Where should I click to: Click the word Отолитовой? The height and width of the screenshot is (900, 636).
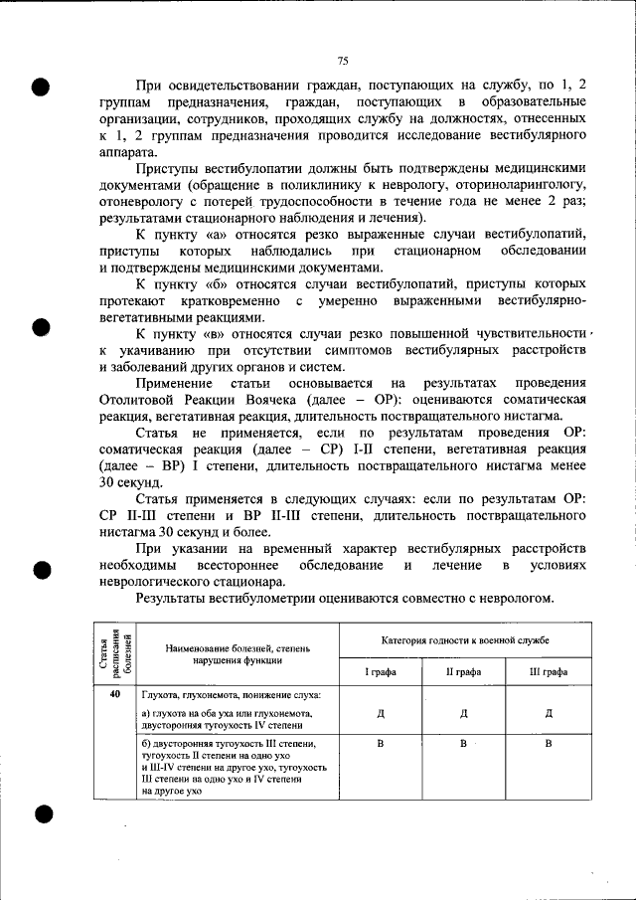coord(140,399)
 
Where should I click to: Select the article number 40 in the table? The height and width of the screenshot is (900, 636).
coord(116,693)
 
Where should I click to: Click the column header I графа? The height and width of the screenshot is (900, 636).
coord(381,671)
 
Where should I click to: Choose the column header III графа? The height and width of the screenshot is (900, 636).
coord(549,671)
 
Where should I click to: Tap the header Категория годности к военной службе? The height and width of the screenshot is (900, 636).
coord(465,640)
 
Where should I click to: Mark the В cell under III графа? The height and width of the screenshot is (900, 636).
coord(549,743)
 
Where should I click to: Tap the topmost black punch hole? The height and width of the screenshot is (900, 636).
coord(40,86)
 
